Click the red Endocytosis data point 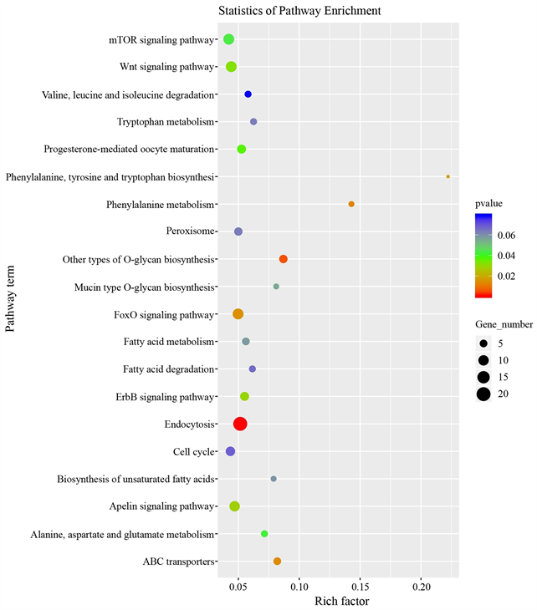click(240, 424)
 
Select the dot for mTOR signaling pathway click(228, 39)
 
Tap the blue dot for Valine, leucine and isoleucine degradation click(248, 94)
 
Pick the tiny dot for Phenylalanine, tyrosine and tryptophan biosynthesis click(448, 176)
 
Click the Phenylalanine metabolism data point click(351, 204)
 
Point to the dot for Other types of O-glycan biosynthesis click(284, 259)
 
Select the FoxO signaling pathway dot click(238, 314)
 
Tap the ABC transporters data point click(277, 562)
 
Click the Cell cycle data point click(231, 451)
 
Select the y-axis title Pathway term click(11, 300)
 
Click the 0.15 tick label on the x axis click(360, 586)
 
